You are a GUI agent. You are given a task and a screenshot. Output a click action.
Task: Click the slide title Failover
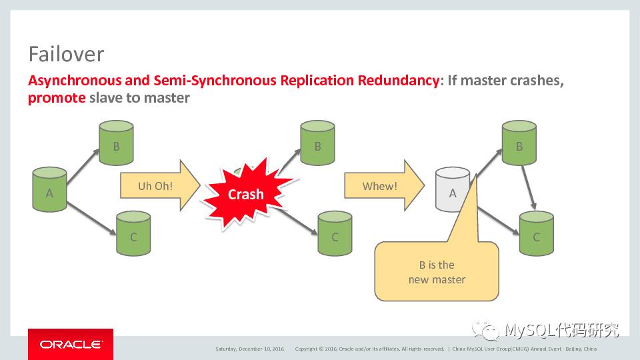66,53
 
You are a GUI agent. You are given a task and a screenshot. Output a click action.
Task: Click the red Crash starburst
245,194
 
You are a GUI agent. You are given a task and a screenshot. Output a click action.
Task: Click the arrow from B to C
529,187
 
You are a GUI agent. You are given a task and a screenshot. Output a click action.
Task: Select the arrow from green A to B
82,166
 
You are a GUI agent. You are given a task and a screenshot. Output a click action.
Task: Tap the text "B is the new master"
437,272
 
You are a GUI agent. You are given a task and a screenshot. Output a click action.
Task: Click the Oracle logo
71,345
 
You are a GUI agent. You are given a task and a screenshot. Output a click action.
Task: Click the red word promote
57,98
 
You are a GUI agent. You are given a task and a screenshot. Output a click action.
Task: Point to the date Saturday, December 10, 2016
249,349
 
